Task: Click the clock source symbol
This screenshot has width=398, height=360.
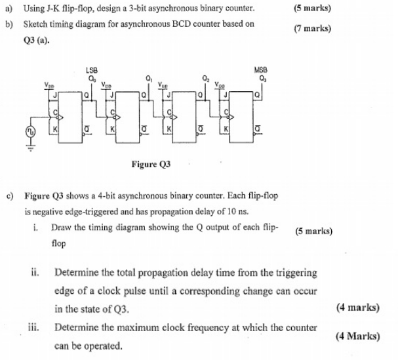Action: [x=30, y=132]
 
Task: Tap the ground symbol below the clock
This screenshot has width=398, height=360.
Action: [x=30, y=148]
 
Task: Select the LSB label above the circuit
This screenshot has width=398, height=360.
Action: [x=92, y=70]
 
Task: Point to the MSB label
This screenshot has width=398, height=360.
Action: [x=261, y=70]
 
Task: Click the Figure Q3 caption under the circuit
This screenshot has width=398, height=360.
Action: [x=151, y=164]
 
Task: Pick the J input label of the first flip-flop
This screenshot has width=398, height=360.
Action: [x=54, y=95]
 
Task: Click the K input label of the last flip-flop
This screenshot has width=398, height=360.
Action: [x=226, y=129]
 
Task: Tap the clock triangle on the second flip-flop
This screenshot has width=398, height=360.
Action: [x=117, y=117]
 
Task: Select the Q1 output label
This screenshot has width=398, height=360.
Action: [x=149, y=78]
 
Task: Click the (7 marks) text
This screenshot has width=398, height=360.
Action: [x=313, y=28]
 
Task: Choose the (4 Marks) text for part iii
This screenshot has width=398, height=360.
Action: [x=358, y=336]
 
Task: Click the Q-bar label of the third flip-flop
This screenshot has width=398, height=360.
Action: [x=201, y=129]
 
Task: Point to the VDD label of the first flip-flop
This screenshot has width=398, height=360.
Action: [x=49, y=85]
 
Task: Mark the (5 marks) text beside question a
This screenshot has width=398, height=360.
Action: [x=312, y=8]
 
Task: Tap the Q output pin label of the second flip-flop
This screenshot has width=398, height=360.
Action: [x=144, y=95]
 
